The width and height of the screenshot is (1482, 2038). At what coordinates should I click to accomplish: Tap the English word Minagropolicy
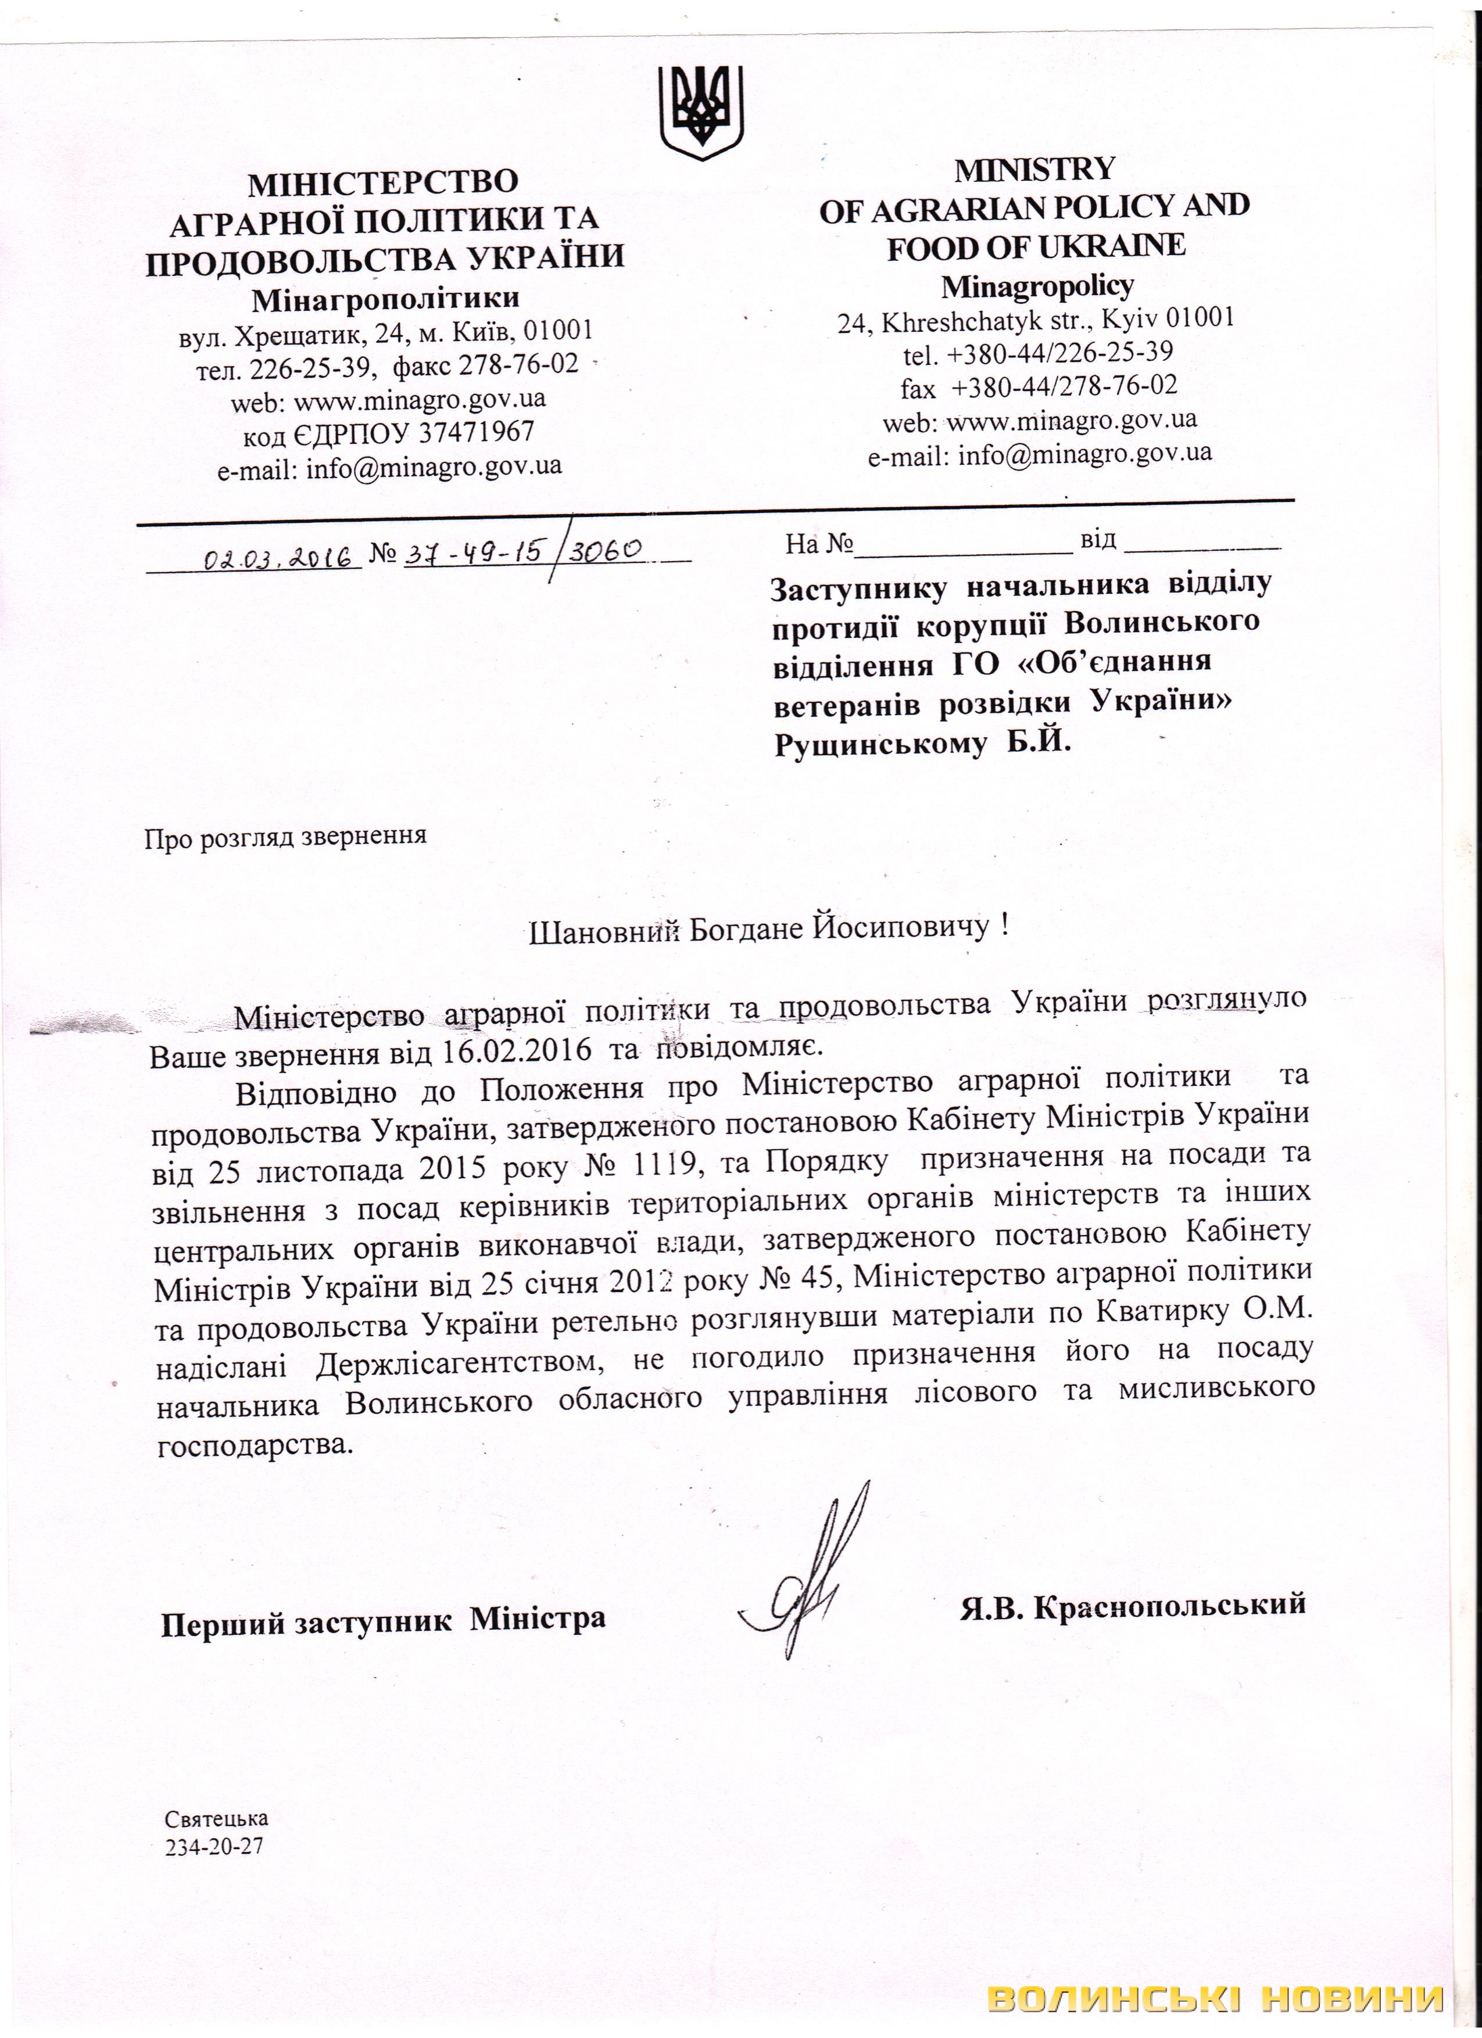click(1037, 286)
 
